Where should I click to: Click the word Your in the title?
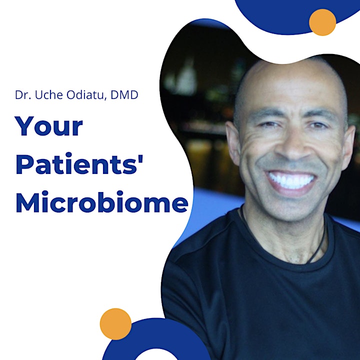point(48,126)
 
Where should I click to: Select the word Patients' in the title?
point(79,164)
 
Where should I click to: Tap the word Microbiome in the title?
point(102,201)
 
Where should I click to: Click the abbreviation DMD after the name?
point(124,95)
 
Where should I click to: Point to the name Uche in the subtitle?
point(49,95)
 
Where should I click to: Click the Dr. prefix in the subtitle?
point(23,95)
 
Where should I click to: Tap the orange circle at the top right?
point(322,22)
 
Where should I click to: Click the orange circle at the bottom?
point(115,323)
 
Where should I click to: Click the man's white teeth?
point(291,179)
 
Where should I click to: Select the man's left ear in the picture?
point(233,143)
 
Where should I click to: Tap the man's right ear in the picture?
point(348,147)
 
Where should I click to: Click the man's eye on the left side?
point(268,124)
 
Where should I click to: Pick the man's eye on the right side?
point(318,125)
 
